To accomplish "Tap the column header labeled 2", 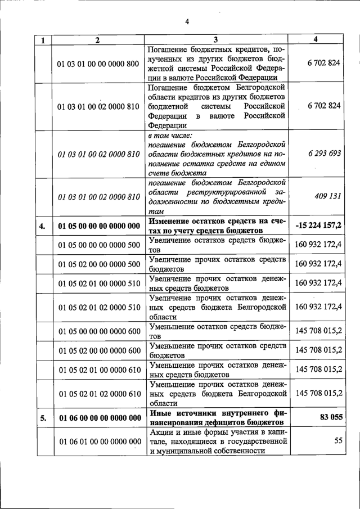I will [x=97, y=40].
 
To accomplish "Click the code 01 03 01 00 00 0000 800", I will [x=98, y=63].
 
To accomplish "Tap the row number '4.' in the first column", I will [x=42, y=226].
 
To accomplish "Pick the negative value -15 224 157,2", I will [x=318, y=226].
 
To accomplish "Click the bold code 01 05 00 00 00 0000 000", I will [x=98, y=226].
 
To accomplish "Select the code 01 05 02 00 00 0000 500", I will [x=98, y=264].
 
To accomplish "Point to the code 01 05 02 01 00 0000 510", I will [x=98, y=283].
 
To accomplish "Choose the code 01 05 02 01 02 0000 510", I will [x=98, y=308].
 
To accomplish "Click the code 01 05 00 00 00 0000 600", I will [x=98, y=331].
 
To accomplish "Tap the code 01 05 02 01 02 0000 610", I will [x=98, y=394].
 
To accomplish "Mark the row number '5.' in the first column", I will [x=42, y=418].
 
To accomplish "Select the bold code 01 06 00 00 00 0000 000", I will [x=98, y=418].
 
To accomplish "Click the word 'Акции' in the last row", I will [x=163, y=432].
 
